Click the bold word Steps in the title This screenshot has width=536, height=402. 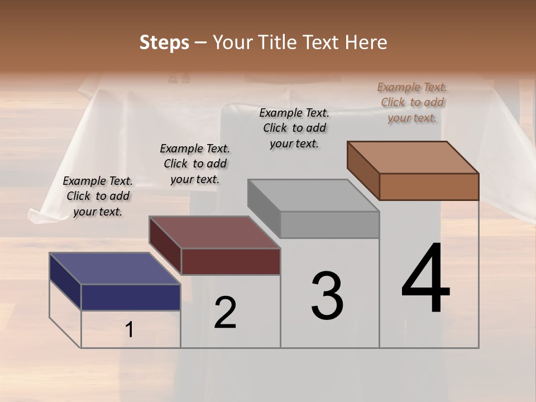click(x=164, y=42)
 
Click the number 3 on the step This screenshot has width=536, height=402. click(x=327, y=295)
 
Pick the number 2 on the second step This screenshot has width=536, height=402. click(x=225, y=312)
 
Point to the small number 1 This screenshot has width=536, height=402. click(x=130, y=330)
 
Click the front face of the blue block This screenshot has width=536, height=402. click(x=131, y=297)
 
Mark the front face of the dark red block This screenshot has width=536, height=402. click(x=231, y=261)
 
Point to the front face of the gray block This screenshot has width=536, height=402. click(x=330, y=224)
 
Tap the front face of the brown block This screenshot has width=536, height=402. click(x=429, y=186)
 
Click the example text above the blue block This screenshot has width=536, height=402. click(x=98, y=196)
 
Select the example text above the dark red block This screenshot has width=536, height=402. click(x=195, y=164)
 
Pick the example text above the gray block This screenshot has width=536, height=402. click(x=294, y=128)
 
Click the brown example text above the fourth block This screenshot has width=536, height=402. click(x=412, y=102)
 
